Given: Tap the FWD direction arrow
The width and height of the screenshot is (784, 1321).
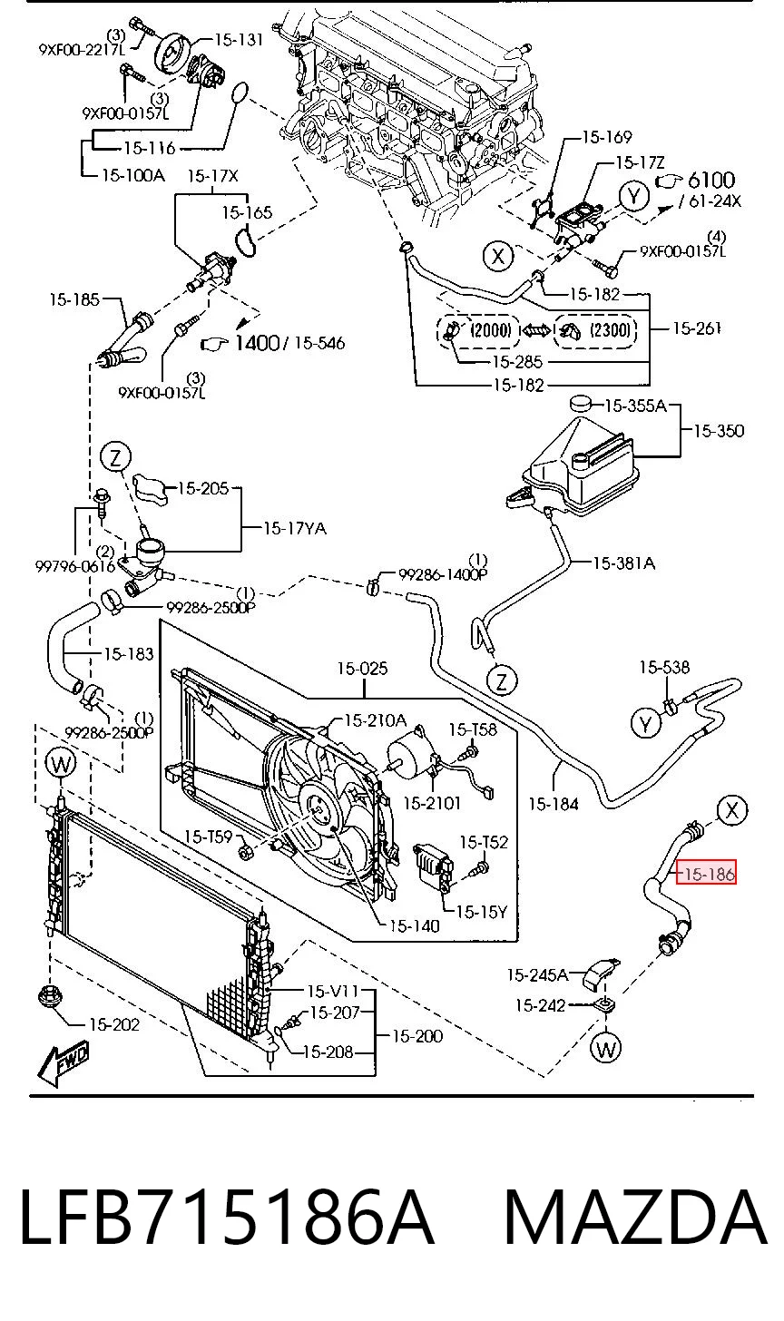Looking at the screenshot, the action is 64,1063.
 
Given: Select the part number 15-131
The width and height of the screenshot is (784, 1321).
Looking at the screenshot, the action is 239,40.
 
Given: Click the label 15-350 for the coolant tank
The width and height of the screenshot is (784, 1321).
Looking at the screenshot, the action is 719,430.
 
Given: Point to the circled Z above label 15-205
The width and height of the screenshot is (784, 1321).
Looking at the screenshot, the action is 115,456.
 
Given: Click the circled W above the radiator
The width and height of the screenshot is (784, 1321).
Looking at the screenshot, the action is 61,764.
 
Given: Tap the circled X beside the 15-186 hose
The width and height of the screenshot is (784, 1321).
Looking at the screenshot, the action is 732,810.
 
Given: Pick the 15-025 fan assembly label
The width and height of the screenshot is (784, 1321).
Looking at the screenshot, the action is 362,668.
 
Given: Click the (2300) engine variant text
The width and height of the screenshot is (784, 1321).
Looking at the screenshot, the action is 610,329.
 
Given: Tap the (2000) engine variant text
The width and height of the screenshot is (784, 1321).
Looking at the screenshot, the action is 491,329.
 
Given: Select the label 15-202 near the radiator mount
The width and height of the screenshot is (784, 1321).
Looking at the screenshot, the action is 113,1024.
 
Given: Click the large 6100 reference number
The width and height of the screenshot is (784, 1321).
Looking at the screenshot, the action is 710,180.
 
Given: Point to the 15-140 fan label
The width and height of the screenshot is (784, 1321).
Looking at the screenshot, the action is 414,925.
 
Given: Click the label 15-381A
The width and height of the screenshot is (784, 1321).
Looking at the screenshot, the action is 623,563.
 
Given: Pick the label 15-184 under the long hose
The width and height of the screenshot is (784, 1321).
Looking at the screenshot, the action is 554,803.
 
